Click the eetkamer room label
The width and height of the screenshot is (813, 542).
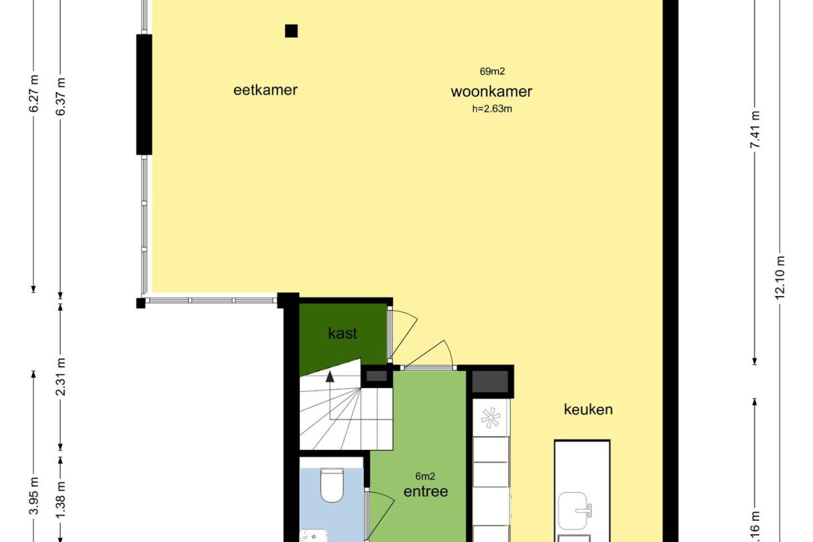click(265, 90)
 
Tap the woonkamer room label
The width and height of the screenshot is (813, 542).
click(491, 92)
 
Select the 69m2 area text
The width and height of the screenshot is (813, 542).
click(491, 71)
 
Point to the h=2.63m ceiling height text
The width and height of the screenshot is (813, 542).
click(491, 109)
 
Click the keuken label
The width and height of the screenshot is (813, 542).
click(588, 409)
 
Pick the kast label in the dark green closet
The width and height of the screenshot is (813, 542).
click(343, 333)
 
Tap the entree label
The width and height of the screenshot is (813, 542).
click(425, 492)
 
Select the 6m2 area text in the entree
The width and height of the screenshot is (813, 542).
click(425, 476)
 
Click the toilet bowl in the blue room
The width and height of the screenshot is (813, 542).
click(331, 485)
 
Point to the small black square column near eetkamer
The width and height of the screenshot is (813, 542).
click(291, 31)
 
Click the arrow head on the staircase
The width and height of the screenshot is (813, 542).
click(330, 377)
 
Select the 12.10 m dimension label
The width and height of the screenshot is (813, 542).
click(781, 278)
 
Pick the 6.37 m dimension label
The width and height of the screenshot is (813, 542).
click(61, 97)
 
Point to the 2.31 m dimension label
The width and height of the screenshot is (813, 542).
click(61, 377)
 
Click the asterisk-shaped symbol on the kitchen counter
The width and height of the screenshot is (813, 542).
click(490, 417)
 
